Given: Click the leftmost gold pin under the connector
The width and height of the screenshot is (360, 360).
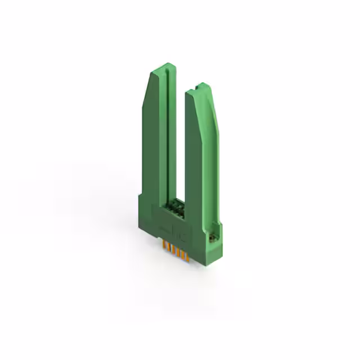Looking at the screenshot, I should (164, 246).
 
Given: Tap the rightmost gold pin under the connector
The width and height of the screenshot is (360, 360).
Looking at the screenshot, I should (187, 257).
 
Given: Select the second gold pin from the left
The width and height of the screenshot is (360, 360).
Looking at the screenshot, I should (168, 248).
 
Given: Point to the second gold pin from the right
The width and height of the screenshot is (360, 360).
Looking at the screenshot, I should (182, 255).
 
